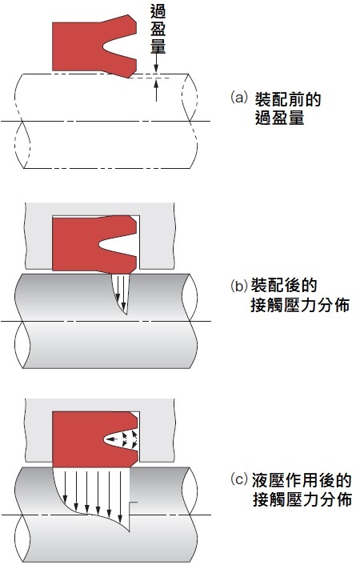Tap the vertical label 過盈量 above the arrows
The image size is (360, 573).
158,30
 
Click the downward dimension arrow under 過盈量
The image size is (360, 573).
156,63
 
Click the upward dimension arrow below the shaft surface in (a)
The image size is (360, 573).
156,90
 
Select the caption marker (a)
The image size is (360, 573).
239,98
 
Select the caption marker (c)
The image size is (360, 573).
239,479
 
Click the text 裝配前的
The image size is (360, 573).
288,99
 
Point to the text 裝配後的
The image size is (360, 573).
284,286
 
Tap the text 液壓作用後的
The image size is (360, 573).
302,480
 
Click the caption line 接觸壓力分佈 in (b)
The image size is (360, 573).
300,305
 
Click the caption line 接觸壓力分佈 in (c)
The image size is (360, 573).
302,499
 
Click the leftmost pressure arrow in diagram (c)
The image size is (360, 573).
65,486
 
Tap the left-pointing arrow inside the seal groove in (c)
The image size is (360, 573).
114,439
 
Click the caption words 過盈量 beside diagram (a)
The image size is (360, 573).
279,118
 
